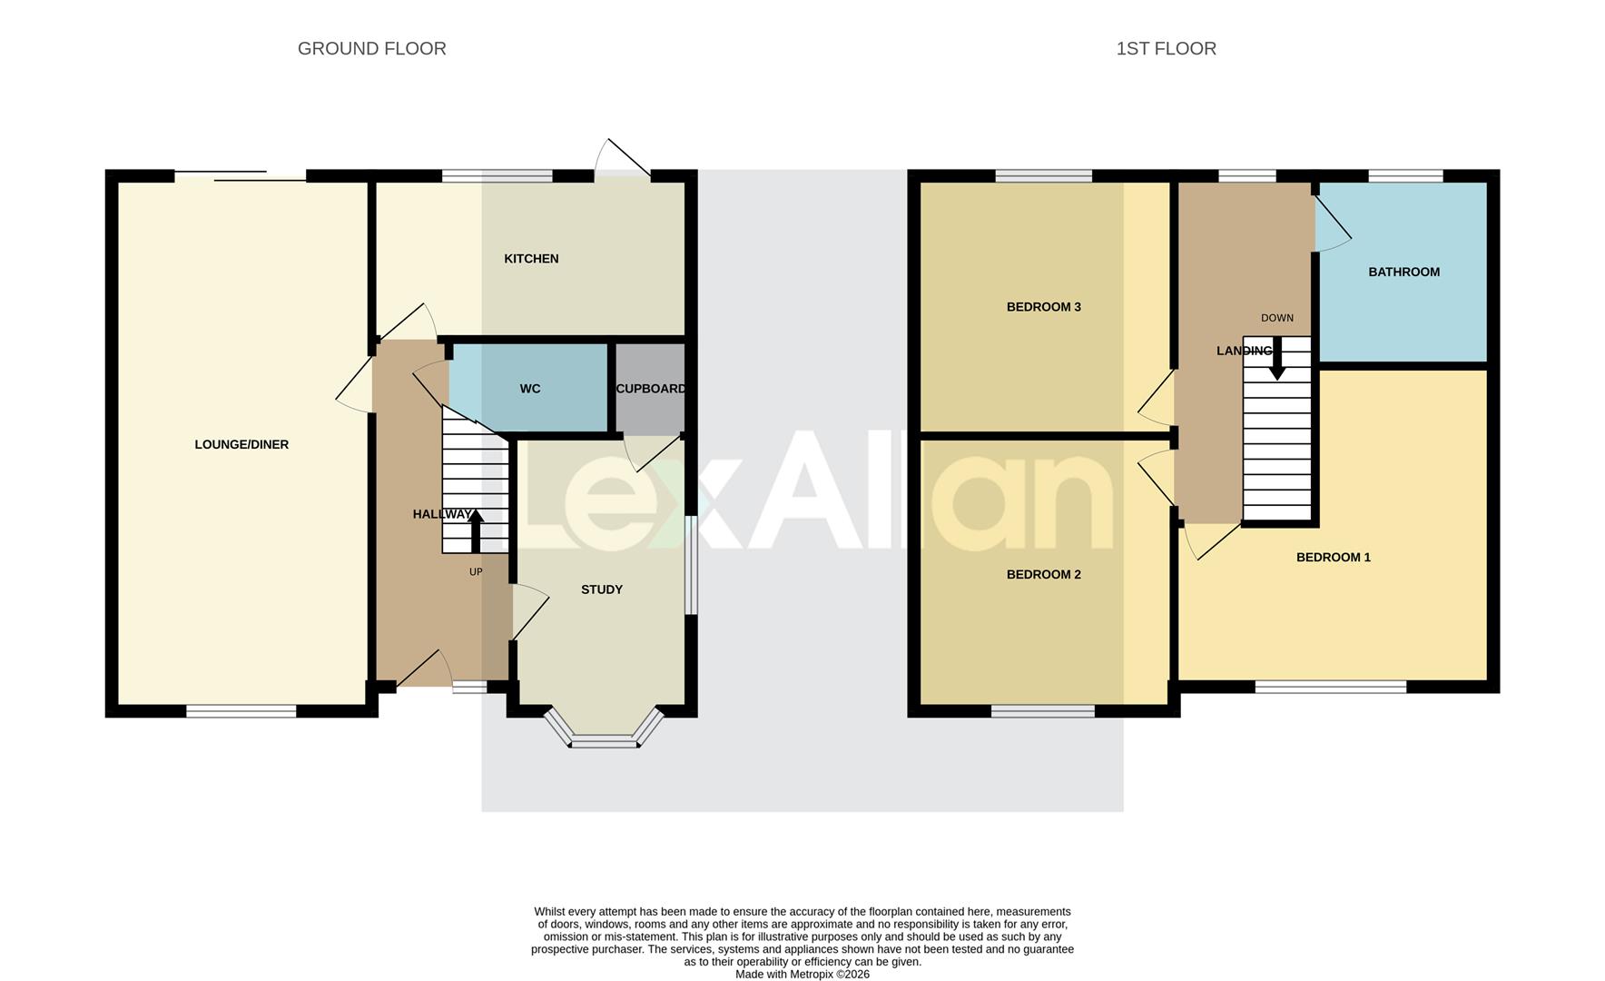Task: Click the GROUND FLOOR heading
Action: [x=371, y=49]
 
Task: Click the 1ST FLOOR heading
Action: [x=1166, y=49]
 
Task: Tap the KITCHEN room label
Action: [x=531, y=259]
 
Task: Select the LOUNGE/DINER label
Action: [x=241, y=444]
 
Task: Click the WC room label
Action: [x=530, y=389]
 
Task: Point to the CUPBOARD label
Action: [x=650, y=389]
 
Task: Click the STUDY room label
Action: [x=601, y=590]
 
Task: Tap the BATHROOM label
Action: [x=1403, y=272]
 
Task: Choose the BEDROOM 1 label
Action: [x=1333, y=557]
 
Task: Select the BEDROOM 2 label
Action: [x=1043, y=574]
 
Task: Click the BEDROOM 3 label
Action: [x=1043, y=307]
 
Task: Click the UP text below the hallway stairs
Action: [x=476, y=572]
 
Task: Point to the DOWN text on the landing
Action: [x=1276, y=318]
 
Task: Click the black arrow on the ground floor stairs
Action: [x=475, y=530]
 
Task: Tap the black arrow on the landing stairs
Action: [x=1276, y=360]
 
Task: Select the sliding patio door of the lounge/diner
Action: [x=241, y=176]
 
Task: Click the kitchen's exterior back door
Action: [x=624, y=161]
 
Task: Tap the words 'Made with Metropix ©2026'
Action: [x=802, y=974]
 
